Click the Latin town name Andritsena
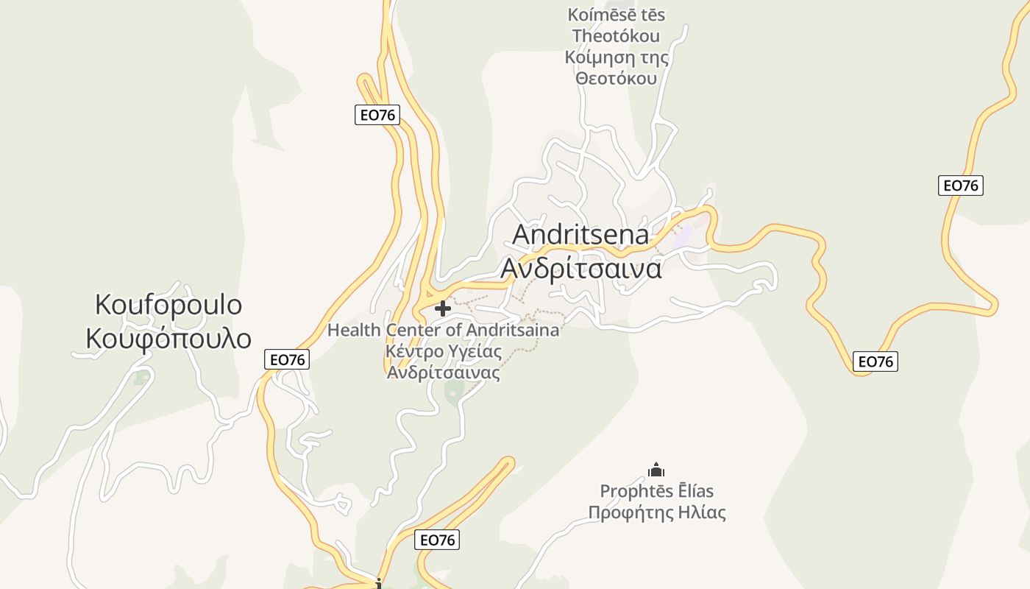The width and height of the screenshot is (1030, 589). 580,235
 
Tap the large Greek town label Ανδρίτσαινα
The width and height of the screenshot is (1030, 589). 580,268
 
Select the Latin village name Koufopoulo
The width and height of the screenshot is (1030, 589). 168,304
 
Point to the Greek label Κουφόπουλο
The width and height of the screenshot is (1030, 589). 168,339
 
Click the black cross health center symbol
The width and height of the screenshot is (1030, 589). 442,308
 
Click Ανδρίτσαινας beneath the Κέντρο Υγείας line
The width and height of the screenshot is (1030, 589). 444,373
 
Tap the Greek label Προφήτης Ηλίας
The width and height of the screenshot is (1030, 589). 657,512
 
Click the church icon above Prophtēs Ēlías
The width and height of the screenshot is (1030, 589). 656,470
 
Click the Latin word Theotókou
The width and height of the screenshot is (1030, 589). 616,36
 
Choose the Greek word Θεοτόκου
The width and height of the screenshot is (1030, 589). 616,78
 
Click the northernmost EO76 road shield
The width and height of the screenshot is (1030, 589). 377,115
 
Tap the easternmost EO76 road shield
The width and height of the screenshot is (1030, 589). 961,186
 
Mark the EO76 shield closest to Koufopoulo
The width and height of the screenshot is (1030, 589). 287,359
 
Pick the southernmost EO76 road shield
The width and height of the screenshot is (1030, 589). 437,540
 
